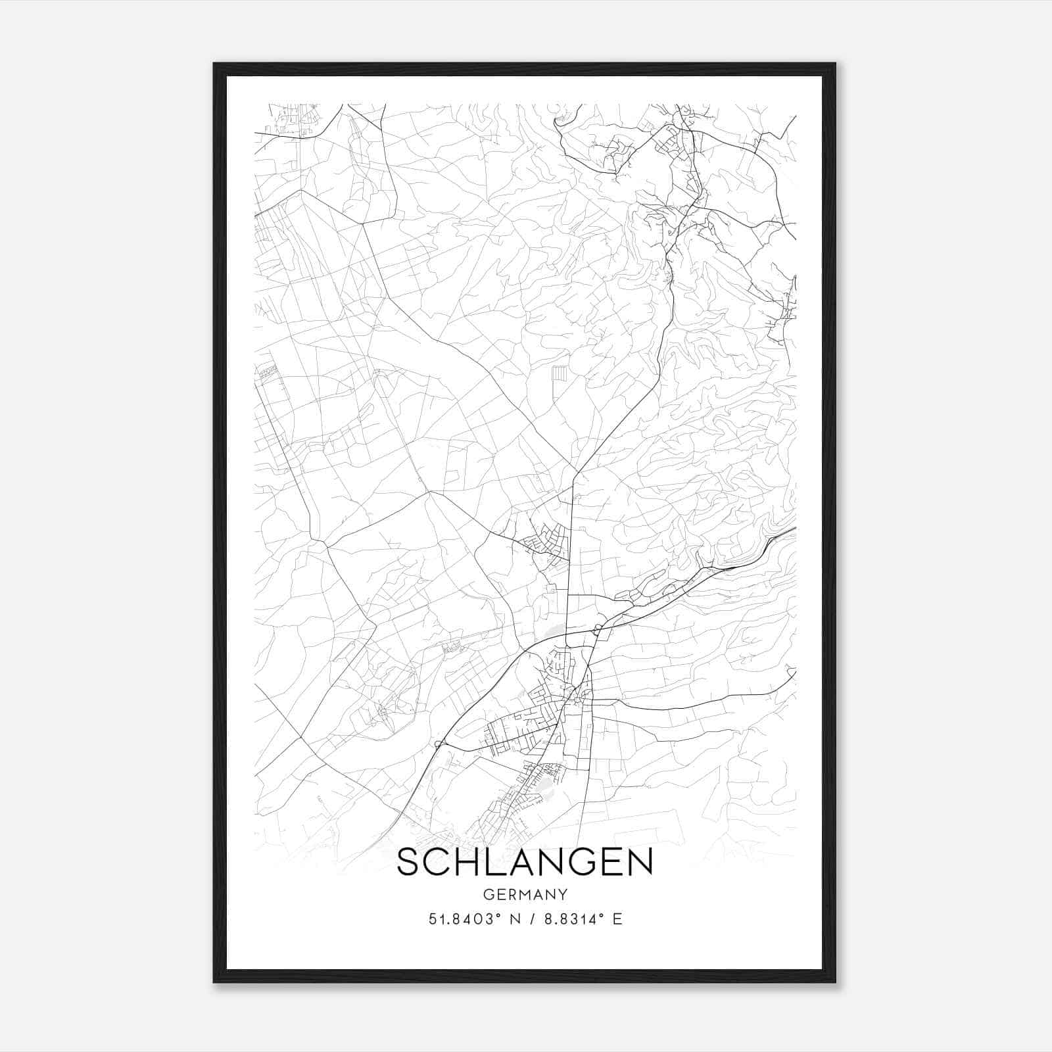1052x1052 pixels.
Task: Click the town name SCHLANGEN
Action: point(525,862)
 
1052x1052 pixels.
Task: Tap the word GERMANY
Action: point(525,895)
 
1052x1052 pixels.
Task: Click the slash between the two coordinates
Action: point(529,919)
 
